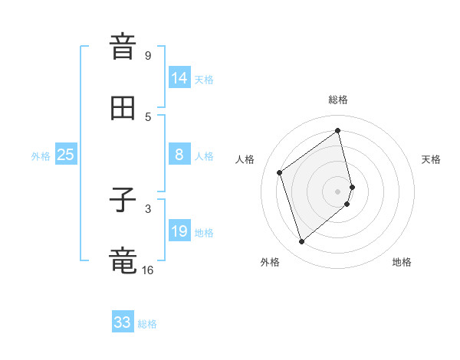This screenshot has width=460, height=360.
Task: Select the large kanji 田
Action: [x=123, y=108]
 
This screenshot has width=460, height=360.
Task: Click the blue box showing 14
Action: [x=179, y=77]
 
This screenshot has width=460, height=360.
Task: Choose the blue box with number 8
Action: [x=179, y=155]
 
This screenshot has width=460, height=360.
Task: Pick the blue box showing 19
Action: [x=179, y=231]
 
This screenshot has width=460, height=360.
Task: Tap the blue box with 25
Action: [x=66, y=155]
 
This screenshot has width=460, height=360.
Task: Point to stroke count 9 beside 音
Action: [x=148, y=56]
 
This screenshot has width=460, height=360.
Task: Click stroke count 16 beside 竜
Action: [x=148, y=270]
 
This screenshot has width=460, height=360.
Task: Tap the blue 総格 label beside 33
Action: [x=147, y=324]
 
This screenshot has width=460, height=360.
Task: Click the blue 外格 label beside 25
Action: [x=41, y=156]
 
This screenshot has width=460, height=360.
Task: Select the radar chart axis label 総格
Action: [x=338, y=100]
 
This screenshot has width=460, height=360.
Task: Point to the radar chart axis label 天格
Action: [x=431, y=159]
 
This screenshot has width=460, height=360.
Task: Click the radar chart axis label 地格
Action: [x=402, y=262]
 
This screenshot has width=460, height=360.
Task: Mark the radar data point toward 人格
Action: [x=280, y=172]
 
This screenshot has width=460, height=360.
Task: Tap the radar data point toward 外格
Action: [x=301, y=242]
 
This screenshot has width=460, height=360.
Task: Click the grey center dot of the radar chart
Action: [x=338, y=191]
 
